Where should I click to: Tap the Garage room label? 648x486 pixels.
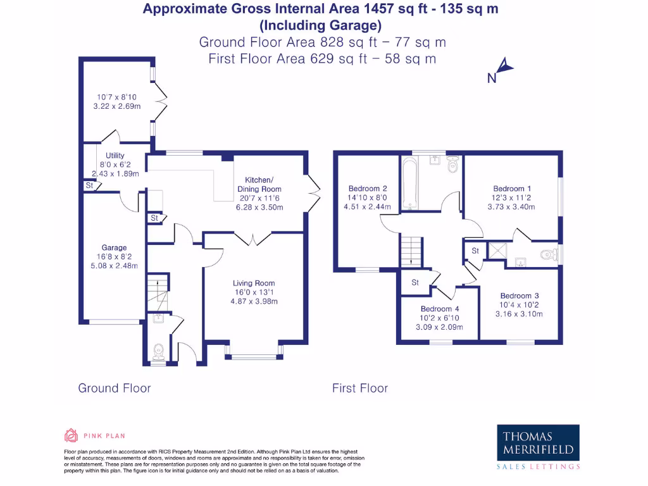click(x=114, y=247)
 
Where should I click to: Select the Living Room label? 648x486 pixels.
click(x=254, y=283)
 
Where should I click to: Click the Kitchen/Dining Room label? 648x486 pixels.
click(x=259, y=184)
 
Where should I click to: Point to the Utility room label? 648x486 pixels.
click(x=115, y=156)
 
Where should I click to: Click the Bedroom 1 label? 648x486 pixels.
click(x=512, y=189)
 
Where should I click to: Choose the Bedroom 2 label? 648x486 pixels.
click(x=368, y=189)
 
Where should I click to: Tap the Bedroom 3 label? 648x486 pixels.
click(x=520, y=296)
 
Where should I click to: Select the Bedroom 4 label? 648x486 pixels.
click(x=440, y=309)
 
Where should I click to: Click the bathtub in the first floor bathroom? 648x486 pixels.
click(x=410, y=183)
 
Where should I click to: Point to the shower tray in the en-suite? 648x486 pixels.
click(x=497, y=251)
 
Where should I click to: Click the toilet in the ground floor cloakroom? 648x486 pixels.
click(x=158, y=352)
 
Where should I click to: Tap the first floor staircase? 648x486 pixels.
click(x=411, y=252)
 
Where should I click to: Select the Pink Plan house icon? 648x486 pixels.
click(x=71, y=435)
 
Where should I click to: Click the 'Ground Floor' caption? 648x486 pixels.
click(x=115, y=388)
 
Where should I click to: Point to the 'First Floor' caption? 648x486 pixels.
click(x=360, y=388)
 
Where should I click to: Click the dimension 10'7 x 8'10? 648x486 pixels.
click(x=116, y=97)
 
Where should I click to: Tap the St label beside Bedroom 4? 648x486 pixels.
click(x=415, y=283)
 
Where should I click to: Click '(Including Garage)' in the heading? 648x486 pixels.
click(x=320, y=25)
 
